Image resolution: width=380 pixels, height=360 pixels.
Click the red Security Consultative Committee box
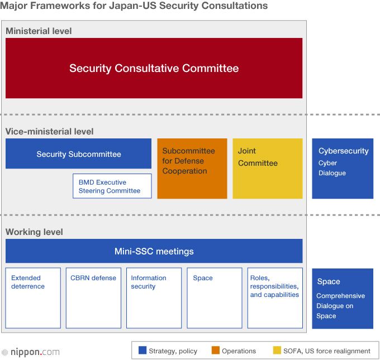154,68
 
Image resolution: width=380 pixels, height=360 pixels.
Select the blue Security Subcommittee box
78,153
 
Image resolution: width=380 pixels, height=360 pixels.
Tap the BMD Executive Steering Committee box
112,186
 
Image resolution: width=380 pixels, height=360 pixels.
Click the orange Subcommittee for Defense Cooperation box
192,169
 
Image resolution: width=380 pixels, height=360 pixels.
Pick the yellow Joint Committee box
267,169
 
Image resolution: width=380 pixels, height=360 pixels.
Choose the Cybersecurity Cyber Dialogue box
343,169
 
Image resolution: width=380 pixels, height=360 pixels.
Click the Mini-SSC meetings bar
154,251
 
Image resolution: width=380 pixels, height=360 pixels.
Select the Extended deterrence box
33,298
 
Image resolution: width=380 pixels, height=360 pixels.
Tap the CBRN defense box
93,298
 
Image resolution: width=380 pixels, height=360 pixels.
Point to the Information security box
154,298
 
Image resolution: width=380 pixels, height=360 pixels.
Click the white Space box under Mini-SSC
214,298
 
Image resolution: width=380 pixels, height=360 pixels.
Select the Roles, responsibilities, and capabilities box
274,298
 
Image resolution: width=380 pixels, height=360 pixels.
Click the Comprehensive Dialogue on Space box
343,299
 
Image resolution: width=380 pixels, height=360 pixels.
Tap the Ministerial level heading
39,31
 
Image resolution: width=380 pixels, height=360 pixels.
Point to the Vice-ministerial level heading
49,131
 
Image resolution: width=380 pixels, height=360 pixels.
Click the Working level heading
34,232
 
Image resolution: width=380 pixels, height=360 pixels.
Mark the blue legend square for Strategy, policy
142,351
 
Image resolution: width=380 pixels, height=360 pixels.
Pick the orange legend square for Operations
215,351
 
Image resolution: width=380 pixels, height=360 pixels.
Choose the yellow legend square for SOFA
277,351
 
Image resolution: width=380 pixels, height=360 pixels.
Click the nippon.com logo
31,352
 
